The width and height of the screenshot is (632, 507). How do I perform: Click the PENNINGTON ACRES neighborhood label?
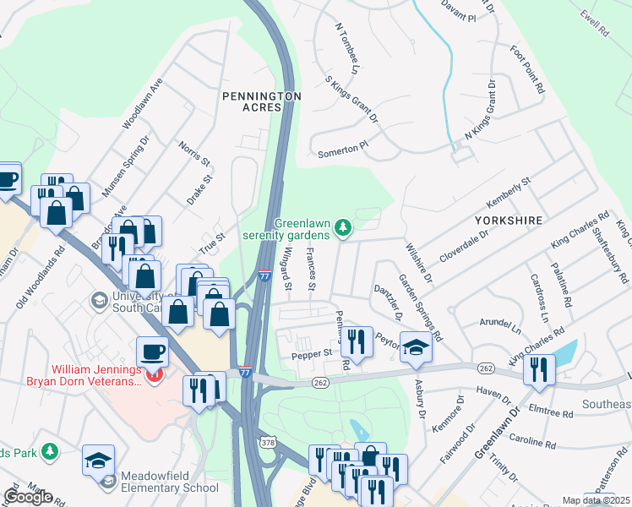[x=261, y=104]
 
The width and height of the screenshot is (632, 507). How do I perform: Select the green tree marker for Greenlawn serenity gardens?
[x=343, y=226]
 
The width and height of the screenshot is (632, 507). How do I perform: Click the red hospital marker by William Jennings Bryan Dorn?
[x=154, y=375]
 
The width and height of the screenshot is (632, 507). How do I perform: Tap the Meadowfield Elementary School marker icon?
[x=107, y=482]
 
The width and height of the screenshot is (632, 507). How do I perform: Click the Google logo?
[x=29, y=497]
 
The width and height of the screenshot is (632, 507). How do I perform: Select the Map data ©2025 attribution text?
[x=596, y=500]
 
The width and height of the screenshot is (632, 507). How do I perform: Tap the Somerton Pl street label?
[x=343, y=149]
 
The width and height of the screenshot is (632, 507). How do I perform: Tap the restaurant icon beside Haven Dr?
[x=537, y=369]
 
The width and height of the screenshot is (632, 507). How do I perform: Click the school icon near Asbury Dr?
[x=416, y=347]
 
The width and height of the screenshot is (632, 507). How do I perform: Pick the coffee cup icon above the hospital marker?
[x=152, y=350]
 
